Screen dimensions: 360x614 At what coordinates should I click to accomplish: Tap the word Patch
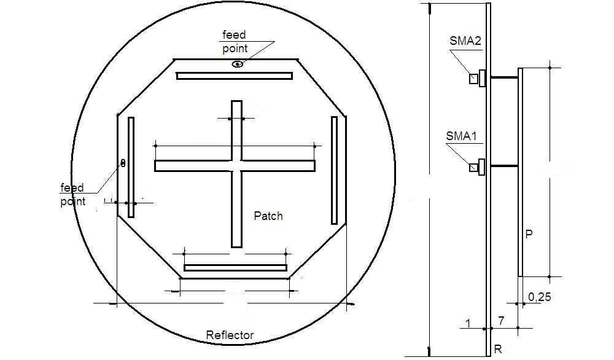pos(268,216)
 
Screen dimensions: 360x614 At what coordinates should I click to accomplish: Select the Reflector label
pos(230,335)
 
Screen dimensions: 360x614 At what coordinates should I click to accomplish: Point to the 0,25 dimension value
pos(539,297)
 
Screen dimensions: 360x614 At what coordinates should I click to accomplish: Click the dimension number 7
pos(502,321)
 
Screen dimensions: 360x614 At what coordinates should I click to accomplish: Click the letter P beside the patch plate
pos(529,234)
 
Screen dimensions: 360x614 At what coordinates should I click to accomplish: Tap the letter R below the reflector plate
pos(498,350)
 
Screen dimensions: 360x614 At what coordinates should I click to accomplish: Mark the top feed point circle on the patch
pos(238,64)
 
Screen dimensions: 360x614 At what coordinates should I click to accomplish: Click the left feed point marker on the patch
pos(123,163)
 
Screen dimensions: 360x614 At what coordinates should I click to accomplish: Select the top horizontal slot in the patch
pos(234,76)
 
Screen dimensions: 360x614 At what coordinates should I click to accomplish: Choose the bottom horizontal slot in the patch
pos(235,268)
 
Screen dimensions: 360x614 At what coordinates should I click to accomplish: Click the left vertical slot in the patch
pos(131,166)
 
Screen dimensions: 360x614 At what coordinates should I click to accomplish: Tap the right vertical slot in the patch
pos(334,170)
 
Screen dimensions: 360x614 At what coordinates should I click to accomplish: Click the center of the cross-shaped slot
pos(236,166)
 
